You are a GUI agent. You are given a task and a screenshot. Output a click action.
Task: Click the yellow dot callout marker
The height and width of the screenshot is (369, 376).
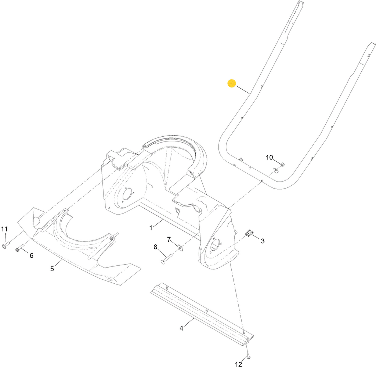(232, 83)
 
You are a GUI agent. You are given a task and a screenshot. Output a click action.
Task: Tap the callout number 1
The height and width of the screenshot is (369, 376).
(151, 228)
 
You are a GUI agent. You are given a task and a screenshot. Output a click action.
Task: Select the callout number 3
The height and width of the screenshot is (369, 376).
(263, 241)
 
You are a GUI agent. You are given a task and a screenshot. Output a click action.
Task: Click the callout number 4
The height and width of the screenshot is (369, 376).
(181, 328)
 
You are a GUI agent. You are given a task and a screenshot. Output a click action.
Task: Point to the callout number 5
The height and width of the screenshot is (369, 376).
(52, 269)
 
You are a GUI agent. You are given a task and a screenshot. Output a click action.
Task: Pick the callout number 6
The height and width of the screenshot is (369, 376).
(32, 256)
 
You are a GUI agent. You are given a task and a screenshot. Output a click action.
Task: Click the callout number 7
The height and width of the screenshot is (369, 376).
(169, 240)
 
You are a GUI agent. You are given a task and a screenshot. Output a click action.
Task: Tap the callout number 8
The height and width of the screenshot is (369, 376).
(155, 247)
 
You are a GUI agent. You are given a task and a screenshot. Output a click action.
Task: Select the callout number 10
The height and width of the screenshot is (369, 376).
(269, 158)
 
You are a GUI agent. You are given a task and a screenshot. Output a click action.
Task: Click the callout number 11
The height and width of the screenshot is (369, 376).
(4, 229)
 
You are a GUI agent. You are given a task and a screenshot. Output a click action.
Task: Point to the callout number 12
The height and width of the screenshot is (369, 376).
(238, 365)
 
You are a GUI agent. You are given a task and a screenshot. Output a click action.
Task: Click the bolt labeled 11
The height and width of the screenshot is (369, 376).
(6, 246)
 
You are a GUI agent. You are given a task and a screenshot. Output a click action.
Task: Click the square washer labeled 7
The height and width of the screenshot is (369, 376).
(180, 247)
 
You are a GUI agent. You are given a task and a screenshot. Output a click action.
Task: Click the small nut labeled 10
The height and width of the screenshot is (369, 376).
(282, 164)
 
